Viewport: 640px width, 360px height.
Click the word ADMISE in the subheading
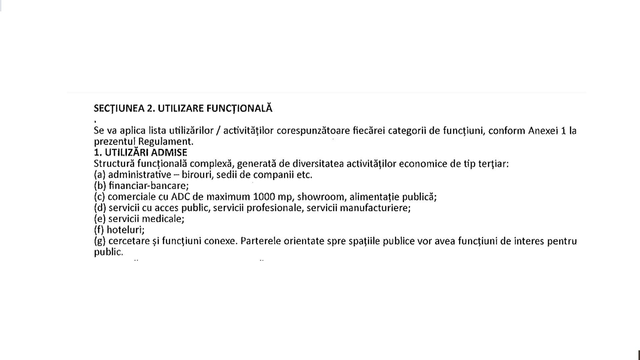[169, 153]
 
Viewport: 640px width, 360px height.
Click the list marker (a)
[100, 175]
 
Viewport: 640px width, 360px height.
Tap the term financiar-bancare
[149, 186]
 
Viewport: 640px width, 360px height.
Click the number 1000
[264, 197]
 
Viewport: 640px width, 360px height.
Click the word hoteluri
[125, 230]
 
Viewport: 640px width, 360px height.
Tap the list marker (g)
[100, 241]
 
